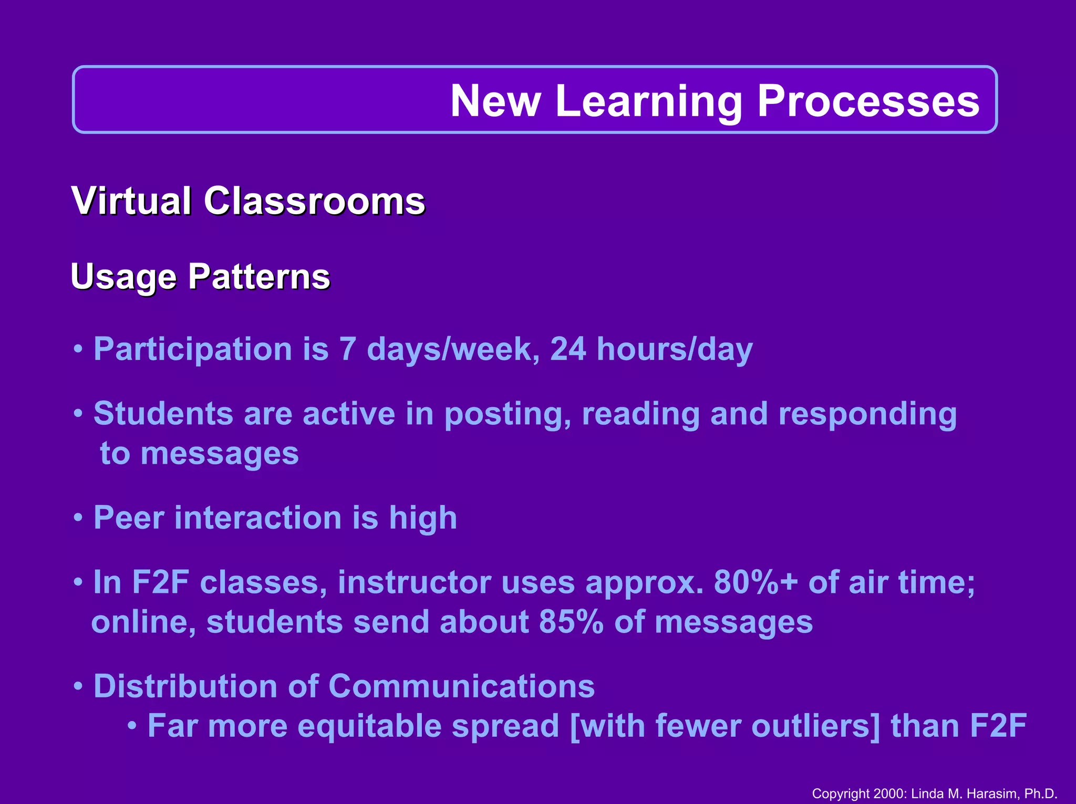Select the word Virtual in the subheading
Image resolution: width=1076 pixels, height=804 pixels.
(x=131, y=201)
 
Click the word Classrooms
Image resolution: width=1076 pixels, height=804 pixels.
(x=314, y=201)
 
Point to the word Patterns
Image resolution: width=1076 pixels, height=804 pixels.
(x=259, y=276)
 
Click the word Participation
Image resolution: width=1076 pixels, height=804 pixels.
(x=193, y=350)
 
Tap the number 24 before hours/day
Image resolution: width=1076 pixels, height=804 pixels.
(x=568, y=349)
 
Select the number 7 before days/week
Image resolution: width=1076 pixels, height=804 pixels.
(x=347, y=349)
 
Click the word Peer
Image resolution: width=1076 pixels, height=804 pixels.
(x=129, y=518)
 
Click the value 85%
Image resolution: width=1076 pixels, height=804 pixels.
(x=571, y=622)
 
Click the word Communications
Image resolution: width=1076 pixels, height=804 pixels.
(x=461, y=686)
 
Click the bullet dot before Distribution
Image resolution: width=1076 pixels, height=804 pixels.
(x=78, y=686)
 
